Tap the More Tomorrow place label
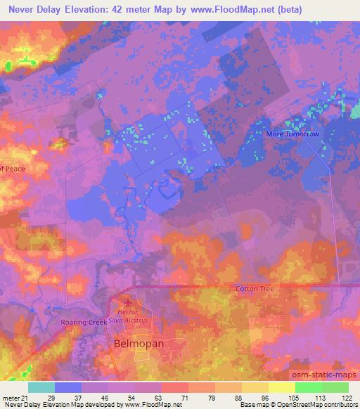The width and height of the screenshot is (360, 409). tap(292, 134)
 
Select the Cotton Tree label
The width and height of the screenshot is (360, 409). tap(255, 289)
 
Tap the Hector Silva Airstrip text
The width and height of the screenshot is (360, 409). tap(127, 313)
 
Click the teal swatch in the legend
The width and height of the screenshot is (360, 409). tap(41, 387)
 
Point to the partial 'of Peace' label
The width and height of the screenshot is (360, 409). tap(12, 169)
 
